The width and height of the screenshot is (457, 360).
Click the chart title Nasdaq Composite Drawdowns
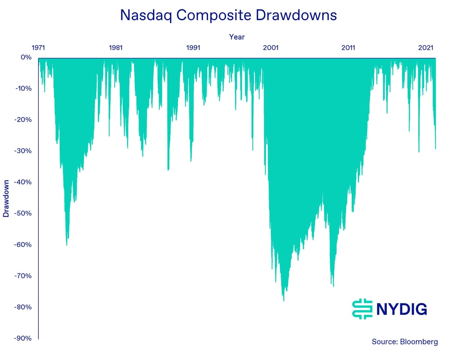228,15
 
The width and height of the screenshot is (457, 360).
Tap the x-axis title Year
237,37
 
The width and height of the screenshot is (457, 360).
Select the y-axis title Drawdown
6,198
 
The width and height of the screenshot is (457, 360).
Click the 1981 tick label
115,48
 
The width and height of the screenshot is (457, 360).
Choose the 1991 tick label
193,48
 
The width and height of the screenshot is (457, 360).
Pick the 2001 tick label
271,48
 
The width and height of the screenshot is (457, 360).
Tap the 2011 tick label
348,48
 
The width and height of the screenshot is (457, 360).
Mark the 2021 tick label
426,48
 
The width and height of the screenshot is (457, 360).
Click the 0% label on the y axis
27,58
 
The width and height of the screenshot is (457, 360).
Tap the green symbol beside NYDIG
362,309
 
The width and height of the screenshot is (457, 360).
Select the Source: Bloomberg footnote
404,342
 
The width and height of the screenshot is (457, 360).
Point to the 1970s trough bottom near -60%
67,244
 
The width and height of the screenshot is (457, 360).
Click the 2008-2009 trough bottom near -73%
333,286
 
